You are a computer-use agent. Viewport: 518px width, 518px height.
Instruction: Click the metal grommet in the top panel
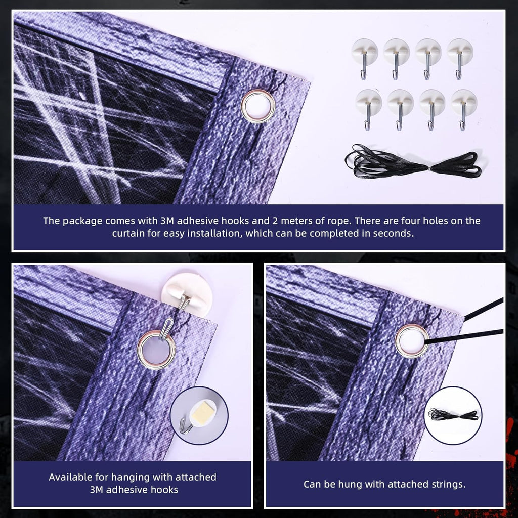pyautogui.click(x=258, y=106)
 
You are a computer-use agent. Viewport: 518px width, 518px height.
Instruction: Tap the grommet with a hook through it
pyautogui.click(x=156, y=349)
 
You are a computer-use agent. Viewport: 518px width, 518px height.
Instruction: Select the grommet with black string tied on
pyautogui.click(x=412, y=341)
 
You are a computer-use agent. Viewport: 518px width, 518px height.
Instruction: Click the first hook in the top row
pyautogui.click(x=364, y=57)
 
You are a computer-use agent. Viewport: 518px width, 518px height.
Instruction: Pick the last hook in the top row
pyautogui.click(x=460, y=57)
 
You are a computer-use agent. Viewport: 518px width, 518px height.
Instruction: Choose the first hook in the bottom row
pyautogui.click(x=368, y=108)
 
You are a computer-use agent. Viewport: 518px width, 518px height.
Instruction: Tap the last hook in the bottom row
pyautogui.click(x=463, y=108)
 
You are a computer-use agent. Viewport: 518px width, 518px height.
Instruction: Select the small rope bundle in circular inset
pyautogui.click(x=453, y=415)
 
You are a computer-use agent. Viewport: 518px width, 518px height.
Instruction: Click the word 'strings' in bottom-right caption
pyautogui.click(x=447, y=484)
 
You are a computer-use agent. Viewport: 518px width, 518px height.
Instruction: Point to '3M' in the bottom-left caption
pyautogui.click(x=97, y=490)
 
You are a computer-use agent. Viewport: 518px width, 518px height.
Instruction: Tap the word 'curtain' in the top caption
pyautogui.click(x=128, y=233)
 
